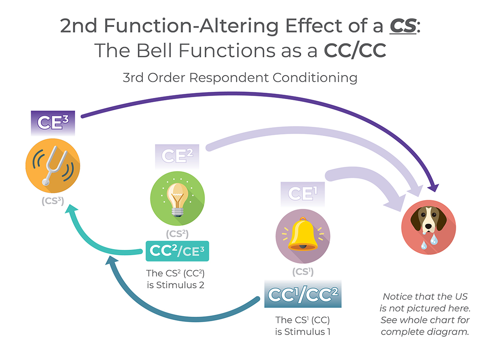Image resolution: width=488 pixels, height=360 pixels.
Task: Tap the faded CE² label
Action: [177, 156]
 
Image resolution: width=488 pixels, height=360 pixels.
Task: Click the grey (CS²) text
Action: [177, 234]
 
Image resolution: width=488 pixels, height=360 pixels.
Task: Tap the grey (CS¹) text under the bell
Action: [303, 271]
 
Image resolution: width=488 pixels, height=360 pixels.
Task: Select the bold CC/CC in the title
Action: [355, 51]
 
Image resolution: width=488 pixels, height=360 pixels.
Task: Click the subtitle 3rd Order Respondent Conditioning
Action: [240, 77]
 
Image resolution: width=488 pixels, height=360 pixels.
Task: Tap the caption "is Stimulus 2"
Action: [175, 285]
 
